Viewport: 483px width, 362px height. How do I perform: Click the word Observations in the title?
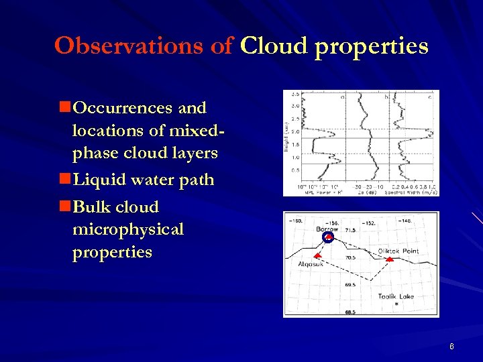pyautogui.click(x=143, y=46)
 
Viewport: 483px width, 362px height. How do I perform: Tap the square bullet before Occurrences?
pyautogui.click(x=64, y=107)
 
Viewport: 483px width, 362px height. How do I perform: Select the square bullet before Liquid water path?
pyautogui.click(x=64, y=180)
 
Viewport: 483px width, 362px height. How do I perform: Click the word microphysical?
pyautogui.click(x=127, y=229)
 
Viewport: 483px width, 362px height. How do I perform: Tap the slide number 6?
pyautogui.click(x=452, y=347)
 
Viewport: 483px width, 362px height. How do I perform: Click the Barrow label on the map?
pyautogui.click(x=327, y=229)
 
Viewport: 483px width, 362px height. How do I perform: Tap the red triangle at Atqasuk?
pyautogui.click(x=318, y=257)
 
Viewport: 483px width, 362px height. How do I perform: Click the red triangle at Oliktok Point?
pyautogui.click(x=389, y=259)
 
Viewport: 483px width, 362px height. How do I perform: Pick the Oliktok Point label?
pyautogui.click(x=398, y=251)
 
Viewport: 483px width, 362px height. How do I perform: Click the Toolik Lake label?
pyautogui.click(x=395, y=296)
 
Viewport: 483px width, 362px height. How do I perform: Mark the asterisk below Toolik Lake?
pyautogui.click(x=396, y=304)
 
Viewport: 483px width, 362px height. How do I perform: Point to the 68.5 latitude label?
pyautogui.click(x=350, y=312)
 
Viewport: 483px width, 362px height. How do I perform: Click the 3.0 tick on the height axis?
pyautogui.click(x=294, y=105)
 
